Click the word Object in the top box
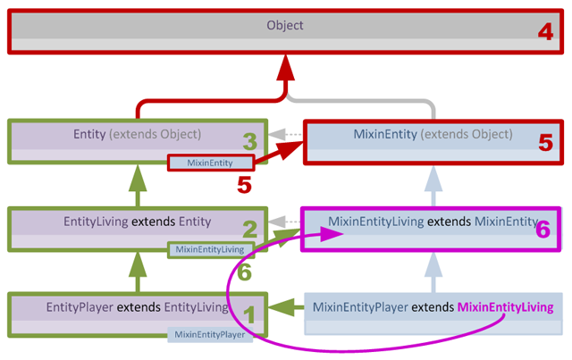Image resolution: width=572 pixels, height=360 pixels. click(284, 26)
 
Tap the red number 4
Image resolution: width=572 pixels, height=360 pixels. click(545, 33)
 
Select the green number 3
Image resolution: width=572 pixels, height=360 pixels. click(251, 141)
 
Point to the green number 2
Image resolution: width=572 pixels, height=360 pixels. click(251, 230)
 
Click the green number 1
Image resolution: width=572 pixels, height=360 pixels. click(251, 314)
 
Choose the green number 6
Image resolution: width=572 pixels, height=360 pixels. click(244, 272)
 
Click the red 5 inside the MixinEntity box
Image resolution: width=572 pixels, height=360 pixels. click(543, 142)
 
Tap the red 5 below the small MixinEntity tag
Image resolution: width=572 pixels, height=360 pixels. click(244, 185)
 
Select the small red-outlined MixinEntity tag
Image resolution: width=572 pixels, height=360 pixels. click(212, 163)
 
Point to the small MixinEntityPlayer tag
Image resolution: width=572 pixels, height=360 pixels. click(211, 335)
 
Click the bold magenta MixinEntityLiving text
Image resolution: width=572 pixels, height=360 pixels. click(505, 307)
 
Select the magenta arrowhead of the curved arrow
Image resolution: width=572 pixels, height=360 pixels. click(332, 234)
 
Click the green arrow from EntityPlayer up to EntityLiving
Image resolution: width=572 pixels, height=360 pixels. click(137, 271)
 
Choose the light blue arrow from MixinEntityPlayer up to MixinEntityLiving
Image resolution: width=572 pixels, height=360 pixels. click(433, 271)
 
